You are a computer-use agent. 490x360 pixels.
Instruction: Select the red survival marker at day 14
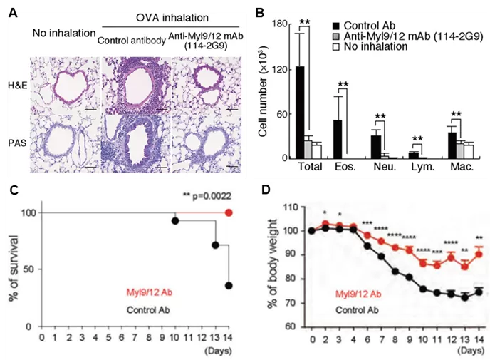(x=228, y=212)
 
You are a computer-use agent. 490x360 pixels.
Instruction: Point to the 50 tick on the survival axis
(x=28, y=269)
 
